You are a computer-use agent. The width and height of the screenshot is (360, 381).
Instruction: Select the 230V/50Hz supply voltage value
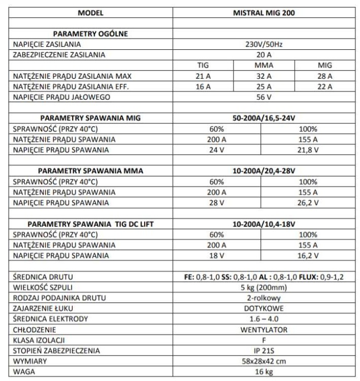click(x=264, y=45)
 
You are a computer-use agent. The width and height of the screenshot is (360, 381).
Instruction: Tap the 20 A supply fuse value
click(x=264, y=55)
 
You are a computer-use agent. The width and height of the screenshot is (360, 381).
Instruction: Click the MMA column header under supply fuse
click(x=264, y=66)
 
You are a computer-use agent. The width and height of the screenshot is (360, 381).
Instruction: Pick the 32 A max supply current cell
click(x=264, y=76)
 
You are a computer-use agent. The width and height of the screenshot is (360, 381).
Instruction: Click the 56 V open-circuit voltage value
click(x=264, y=97)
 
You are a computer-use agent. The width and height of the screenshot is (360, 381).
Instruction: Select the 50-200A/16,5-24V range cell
click(x=264, y=118)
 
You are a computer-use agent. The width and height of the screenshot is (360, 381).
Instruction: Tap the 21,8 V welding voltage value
click(x=308, y=150)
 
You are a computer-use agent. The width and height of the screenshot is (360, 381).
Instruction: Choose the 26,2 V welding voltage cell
click(x=308, y=203)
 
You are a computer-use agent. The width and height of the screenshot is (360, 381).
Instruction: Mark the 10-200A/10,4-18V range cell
click(x=264, y=224)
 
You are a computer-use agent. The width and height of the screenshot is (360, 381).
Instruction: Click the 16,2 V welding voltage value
click(x=308, y=256)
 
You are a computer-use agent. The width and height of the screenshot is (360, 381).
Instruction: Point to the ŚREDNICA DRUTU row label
click(x=43, y=277)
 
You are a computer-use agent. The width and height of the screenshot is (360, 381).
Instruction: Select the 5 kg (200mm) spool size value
click(x=264, y=287)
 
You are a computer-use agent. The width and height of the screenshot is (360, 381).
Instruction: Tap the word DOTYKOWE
click(x=264, y=308)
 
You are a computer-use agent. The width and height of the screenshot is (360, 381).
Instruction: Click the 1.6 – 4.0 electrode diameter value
click(x=264, y=319)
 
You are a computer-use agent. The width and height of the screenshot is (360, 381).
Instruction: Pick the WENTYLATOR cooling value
click(x=264, y=330)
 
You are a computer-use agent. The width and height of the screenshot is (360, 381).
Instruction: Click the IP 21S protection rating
click(x=264, y=351)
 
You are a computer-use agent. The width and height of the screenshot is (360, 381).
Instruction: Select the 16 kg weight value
click(x=264, y=372)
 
